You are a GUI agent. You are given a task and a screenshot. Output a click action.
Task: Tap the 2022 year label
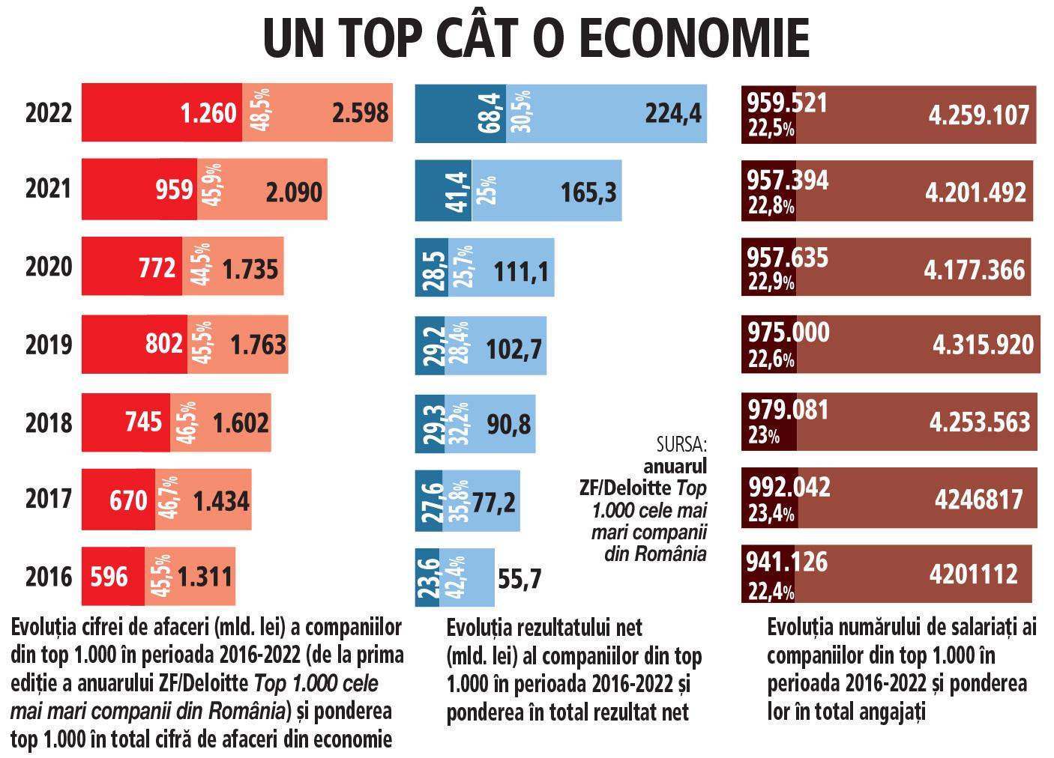coord(49,112)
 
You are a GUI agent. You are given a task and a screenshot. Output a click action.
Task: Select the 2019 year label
coord(49,345)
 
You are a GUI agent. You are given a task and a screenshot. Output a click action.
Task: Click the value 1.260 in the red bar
coord(208,113)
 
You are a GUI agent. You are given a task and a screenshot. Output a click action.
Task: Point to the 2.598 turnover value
coord(360,113)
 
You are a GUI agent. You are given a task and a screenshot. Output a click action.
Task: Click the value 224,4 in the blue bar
coord(673,113)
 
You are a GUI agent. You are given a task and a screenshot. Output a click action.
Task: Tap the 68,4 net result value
coord(490,113)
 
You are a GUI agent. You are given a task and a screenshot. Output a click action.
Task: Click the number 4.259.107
coord(978,115)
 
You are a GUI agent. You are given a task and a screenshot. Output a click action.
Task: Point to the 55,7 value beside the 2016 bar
coord(519,578)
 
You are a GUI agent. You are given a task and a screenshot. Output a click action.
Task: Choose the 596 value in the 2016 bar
coord(109,577)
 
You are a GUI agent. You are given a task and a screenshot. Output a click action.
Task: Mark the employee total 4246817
coord(978,499)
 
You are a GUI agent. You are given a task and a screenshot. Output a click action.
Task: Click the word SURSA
coord(681,445)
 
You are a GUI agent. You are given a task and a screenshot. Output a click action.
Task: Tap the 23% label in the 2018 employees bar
coord(763,435)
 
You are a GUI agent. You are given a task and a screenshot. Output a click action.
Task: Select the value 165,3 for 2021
coord(588,192)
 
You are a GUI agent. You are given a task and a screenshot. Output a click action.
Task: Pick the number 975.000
coord(788,332)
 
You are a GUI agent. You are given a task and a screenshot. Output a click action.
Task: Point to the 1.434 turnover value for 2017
coord(221,500)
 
